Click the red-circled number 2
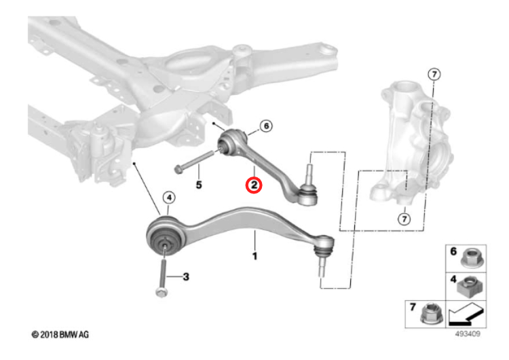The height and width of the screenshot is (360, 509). click(253, 185)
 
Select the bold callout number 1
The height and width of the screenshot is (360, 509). click(254, 256)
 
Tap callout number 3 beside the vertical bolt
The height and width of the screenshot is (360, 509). click(186, 276)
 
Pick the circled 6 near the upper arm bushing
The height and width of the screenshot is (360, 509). click(265, 126)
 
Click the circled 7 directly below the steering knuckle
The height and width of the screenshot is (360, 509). click(404, 219)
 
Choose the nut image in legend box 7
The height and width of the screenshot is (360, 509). click(430, 314)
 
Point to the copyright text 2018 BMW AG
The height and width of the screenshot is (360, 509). click(60, 336)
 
